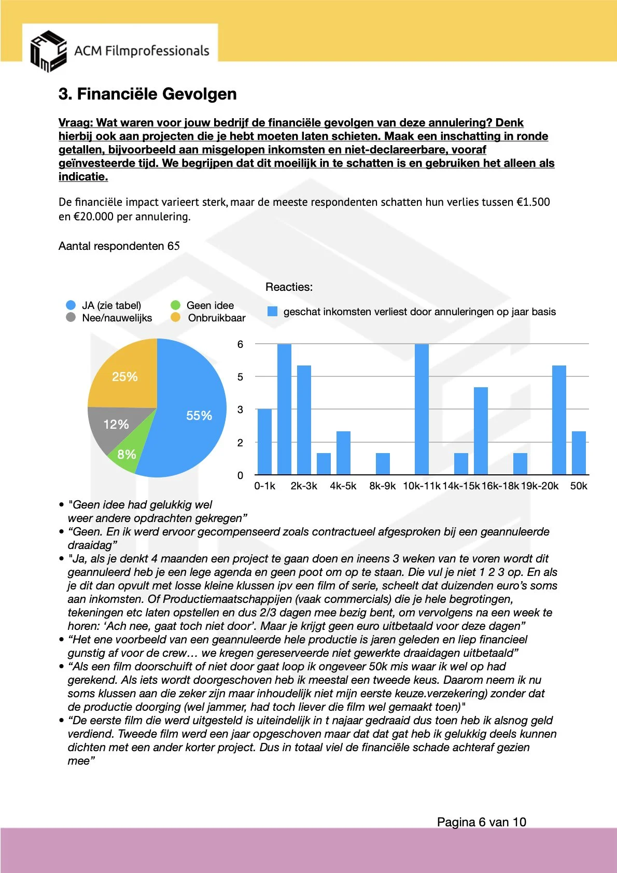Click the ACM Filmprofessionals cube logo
click(x=48, y=51)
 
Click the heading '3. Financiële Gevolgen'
click(x=147, y=94)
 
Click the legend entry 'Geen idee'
click(x=209, y=305)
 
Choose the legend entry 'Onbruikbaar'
click(x=216, y=318)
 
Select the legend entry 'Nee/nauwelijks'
click(x=117, y=318)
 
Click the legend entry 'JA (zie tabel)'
click(x=111, y=305)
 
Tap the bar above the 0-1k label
click(x=264, y=442)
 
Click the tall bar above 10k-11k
click(x=422, y=410)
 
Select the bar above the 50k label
click(x=579, y=453)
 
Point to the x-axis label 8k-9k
click(x=382, y=486)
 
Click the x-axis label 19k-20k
click(x=540, y=486)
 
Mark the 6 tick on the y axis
click(x=240, y=344)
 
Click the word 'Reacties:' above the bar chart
click(x=289, y=287)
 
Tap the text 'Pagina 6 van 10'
click(x=481, y=822)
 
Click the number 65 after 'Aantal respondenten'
click(x=174, y=246)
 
